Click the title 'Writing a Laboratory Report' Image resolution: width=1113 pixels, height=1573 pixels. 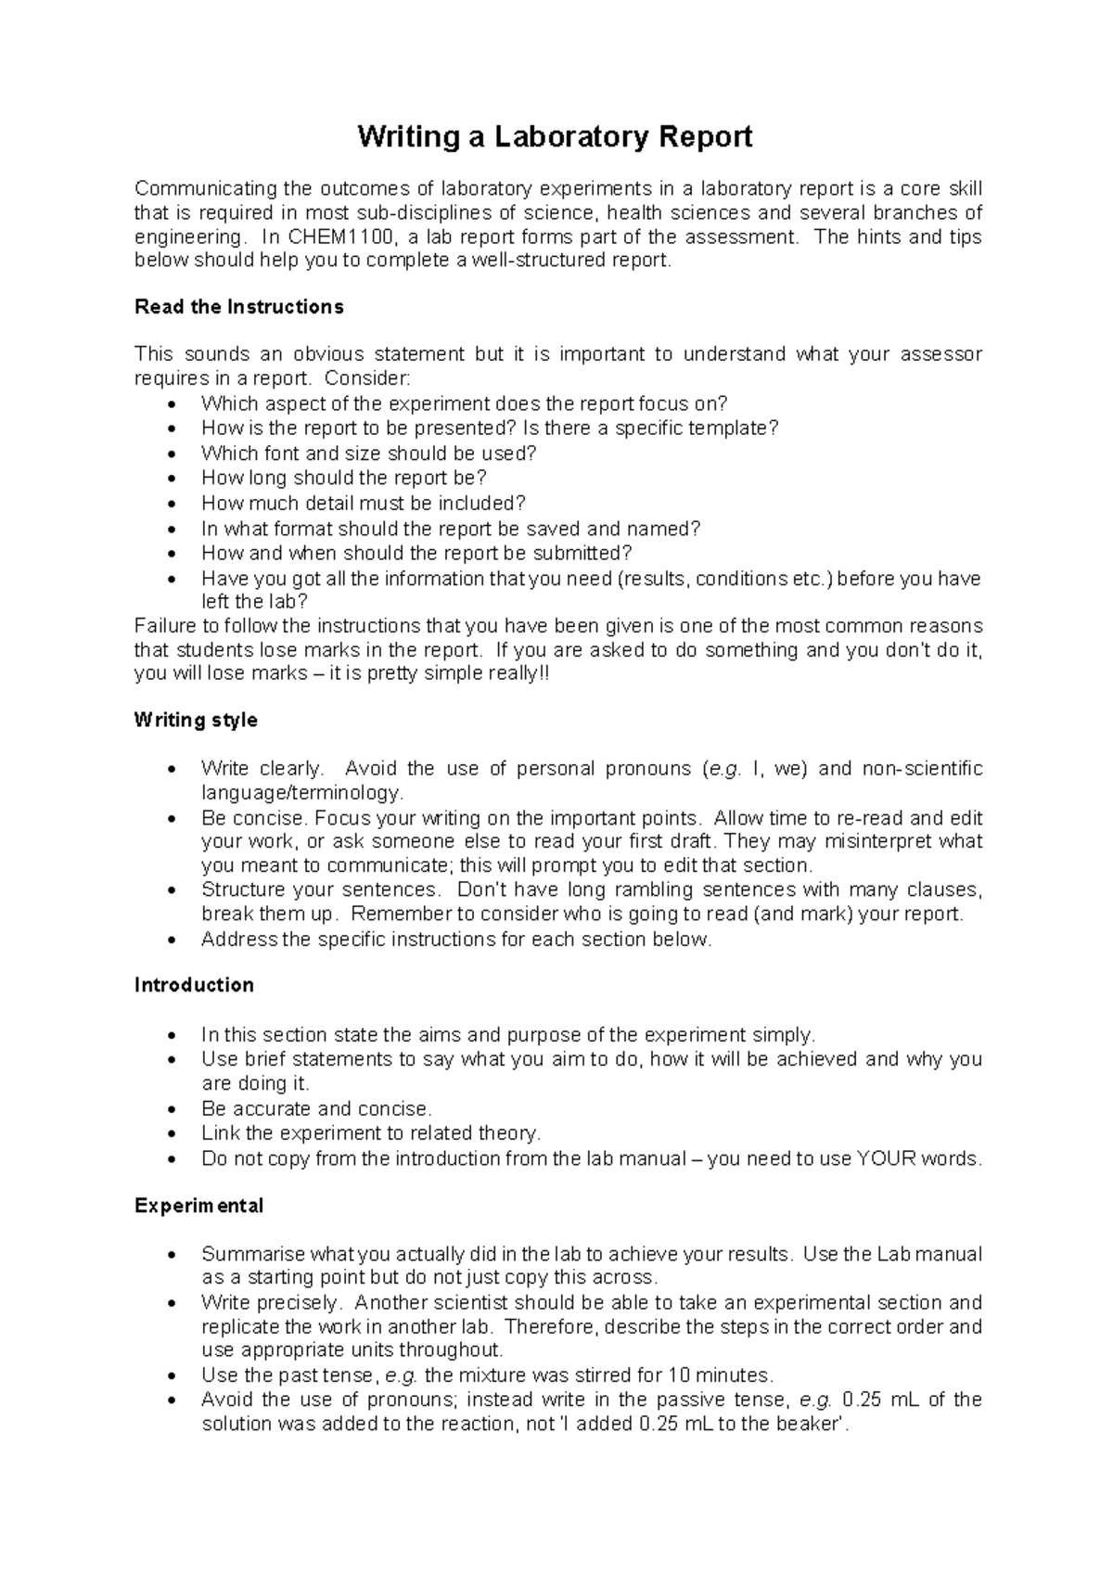(555, 137)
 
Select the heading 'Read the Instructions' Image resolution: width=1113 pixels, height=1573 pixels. (238, 307)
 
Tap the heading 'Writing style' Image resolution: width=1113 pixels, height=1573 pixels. (196, 721)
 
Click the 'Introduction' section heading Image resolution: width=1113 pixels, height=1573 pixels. (194, 986)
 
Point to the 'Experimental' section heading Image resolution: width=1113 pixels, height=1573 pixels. (198, 1206)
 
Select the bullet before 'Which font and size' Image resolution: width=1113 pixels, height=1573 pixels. (169, 454)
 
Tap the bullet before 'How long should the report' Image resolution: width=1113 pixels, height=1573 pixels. (169, 480)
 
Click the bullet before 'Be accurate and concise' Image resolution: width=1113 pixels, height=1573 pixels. (169, 1110)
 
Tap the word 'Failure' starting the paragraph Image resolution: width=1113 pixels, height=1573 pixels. (163, 626)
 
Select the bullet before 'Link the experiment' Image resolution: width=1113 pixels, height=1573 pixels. (169, 1134)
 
